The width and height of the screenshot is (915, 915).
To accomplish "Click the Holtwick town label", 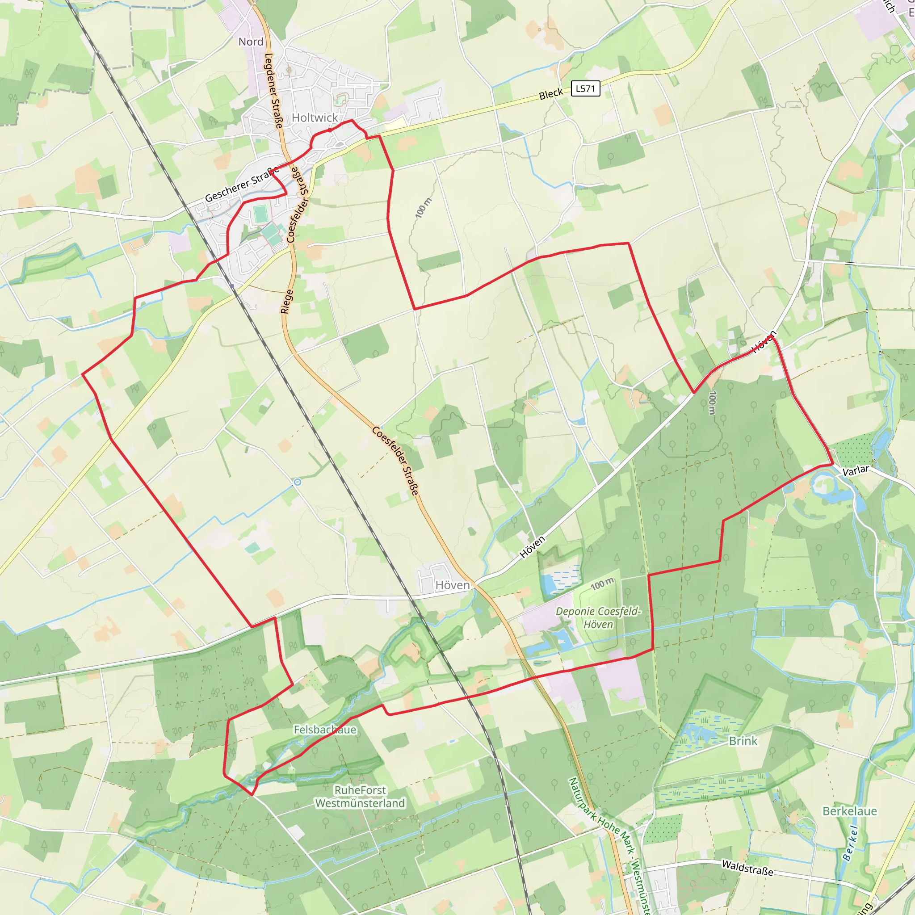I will click(315, 118).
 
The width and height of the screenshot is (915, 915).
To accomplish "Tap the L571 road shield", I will click(585, 88).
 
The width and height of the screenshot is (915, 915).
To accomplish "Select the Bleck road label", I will click(551, 94).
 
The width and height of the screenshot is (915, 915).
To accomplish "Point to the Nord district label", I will click(251, 42).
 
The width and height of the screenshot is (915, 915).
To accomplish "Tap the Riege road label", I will click(286, 301).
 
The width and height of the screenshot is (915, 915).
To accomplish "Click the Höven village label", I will click(452, 585).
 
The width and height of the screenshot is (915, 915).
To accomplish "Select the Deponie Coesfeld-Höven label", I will click(598, 617).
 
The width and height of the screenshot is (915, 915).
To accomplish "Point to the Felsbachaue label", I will click(325, 729).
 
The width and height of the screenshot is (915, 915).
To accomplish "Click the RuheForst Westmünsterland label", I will click(360, 797).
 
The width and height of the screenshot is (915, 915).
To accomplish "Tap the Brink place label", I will click(743, 741).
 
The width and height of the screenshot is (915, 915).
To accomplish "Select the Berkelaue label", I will click(850, 811).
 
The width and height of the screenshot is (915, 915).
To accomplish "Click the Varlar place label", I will click(856, 470).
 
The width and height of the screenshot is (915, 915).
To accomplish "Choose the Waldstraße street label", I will click(747, 868).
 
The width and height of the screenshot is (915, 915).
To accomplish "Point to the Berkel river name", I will click(851, 843).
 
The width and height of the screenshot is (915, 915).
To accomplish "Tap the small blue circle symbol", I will click(298, 482).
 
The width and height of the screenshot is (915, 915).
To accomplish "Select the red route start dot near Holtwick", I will click(330, 130).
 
